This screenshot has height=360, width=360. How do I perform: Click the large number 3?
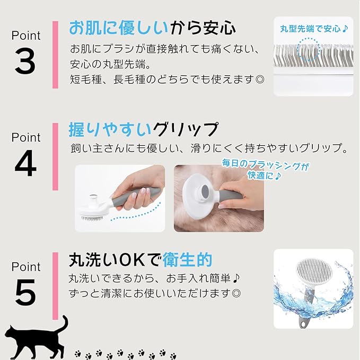point(25,62)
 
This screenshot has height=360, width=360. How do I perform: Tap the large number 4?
point(25,163)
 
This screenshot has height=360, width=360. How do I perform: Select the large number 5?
point(25,293)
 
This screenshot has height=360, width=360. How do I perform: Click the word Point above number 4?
point(26,137)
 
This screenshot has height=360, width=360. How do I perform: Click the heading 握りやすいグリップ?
point(144,130)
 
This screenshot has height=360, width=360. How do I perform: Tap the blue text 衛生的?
point(187,260)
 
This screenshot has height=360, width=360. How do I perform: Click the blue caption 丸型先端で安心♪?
point(314,29)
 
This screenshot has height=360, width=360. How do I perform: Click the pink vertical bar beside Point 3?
point(55,55)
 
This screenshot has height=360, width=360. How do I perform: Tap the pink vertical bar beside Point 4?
point(55,156)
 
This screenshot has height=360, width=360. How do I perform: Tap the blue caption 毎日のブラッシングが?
point(265,165)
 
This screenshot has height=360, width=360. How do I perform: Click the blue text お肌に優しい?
point(119,28)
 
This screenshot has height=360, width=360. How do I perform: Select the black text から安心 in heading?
point(203,28)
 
